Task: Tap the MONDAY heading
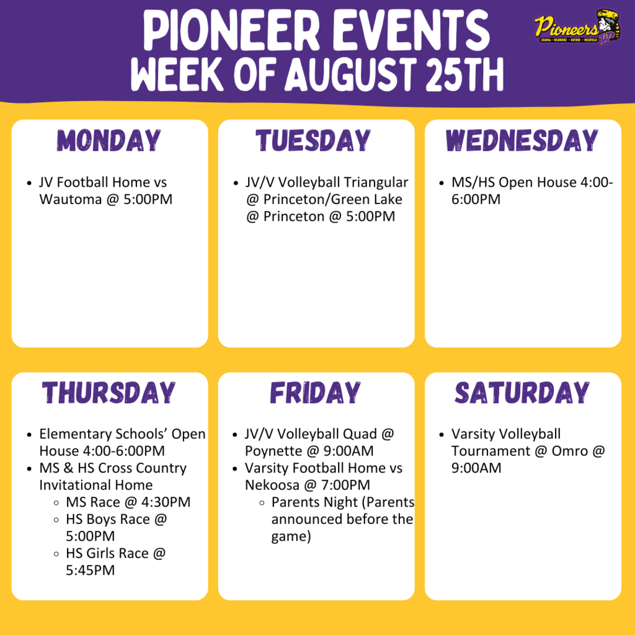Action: pos(110,141)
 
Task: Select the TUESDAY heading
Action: pos(314,141)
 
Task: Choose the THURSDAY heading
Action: pos(110,393)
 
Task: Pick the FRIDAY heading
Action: pos(315,393)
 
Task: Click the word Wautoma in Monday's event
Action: pos(68,200)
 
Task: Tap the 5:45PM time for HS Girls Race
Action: pos(90,570)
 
